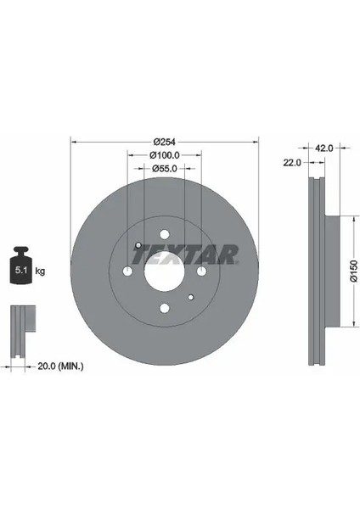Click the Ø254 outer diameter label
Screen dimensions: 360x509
(165, 142)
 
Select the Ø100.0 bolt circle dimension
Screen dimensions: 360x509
(165, 155)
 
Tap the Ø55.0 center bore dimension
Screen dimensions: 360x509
(165, 169)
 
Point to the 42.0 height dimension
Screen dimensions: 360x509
(324, 148)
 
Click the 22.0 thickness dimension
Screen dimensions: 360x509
(292, 162)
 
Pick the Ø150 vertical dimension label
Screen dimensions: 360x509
(354, 271)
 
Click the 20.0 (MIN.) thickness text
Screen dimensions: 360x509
(61, 366)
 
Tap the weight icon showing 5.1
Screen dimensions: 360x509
(21, 266)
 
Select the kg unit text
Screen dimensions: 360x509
(40, 271)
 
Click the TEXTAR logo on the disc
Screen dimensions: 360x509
(185, 255)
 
